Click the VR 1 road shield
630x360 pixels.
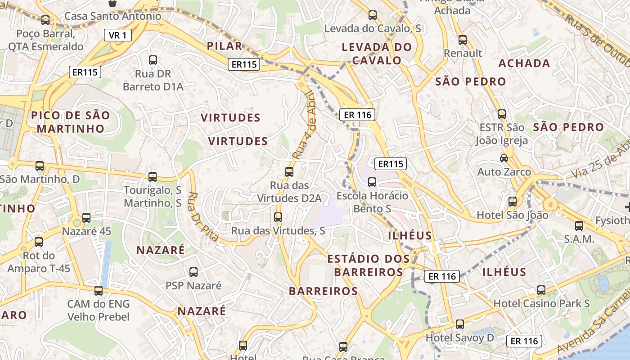pos(118,35)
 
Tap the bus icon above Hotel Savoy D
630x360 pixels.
pos(459,324)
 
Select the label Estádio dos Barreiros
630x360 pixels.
pos(369,265)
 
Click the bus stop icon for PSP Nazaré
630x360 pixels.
pos(193,272)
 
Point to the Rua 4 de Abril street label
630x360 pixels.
pos(305,125)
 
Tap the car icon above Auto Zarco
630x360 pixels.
pos(504,158)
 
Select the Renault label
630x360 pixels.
pos(463,53)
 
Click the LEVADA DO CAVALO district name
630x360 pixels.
pos(377,54)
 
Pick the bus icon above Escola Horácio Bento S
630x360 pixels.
pos(372,182)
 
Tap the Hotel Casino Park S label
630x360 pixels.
pos(541,303)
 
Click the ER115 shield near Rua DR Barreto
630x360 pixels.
pos(85,72)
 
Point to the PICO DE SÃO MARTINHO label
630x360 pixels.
pos(71,122)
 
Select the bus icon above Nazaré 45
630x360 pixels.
pos(86,218)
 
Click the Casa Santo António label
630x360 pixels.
pos(112,16)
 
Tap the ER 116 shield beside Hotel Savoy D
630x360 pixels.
pos(525,341)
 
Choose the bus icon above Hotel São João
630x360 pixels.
pos(512,202)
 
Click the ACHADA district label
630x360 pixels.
pos(524,63)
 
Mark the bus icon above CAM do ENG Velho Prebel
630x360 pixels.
pos(99,291)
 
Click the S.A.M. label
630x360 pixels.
pos(579,239)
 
